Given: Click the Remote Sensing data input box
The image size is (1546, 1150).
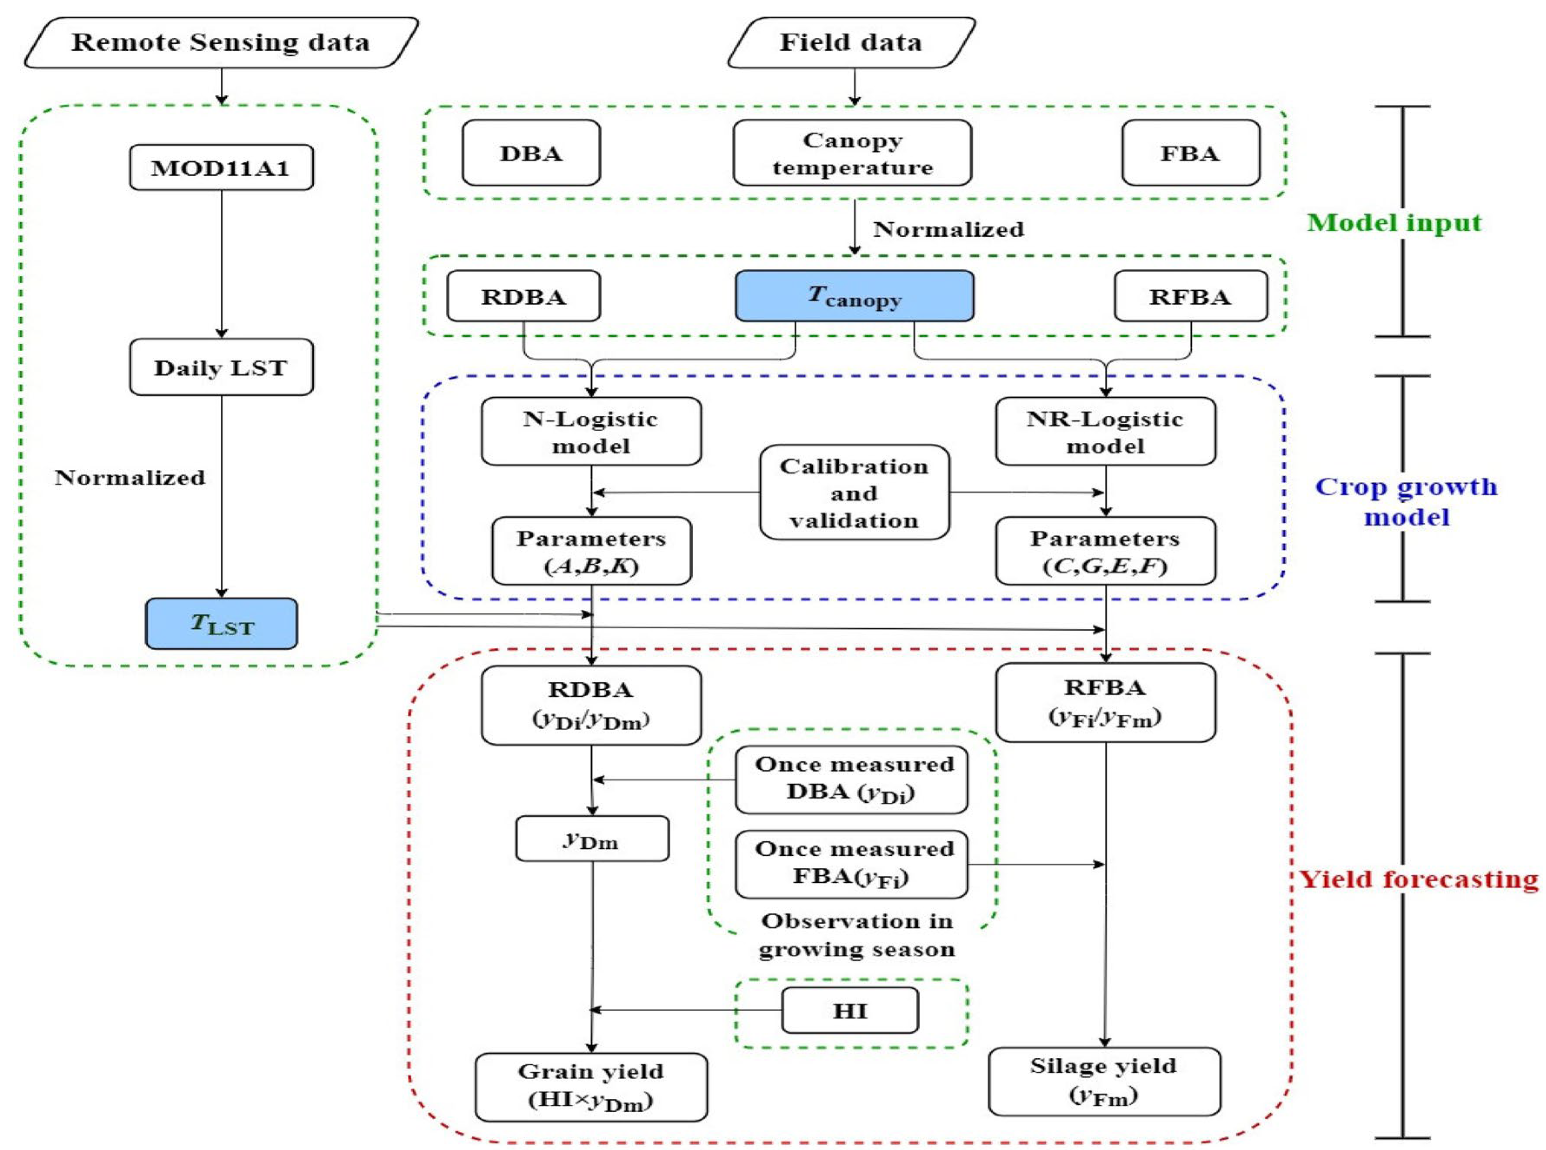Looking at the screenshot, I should point(221,43).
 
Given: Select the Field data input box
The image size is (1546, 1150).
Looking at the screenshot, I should point(851,43).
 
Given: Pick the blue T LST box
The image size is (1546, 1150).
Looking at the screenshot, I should point(221,624).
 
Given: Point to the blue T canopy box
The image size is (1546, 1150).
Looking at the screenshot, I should point(854,296).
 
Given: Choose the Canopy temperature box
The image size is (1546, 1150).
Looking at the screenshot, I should point(852,153).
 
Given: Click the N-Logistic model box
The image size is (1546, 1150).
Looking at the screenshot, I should point(591,432).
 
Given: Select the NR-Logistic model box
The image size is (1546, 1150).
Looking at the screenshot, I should point(1105,432).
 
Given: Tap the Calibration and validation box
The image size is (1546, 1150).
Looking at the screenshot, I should point(854,493).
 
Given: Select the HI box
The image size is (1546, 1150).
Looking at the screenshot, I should point(850,1010).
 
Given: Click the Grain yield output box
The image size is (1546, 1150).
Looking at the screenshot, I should point(591,1087).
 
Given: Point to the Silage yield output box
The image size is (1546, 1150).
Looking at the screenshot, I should point(1104,1081).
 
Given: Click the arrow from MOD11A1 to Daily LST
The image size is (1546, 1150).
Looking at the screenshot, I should point(221,265).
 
